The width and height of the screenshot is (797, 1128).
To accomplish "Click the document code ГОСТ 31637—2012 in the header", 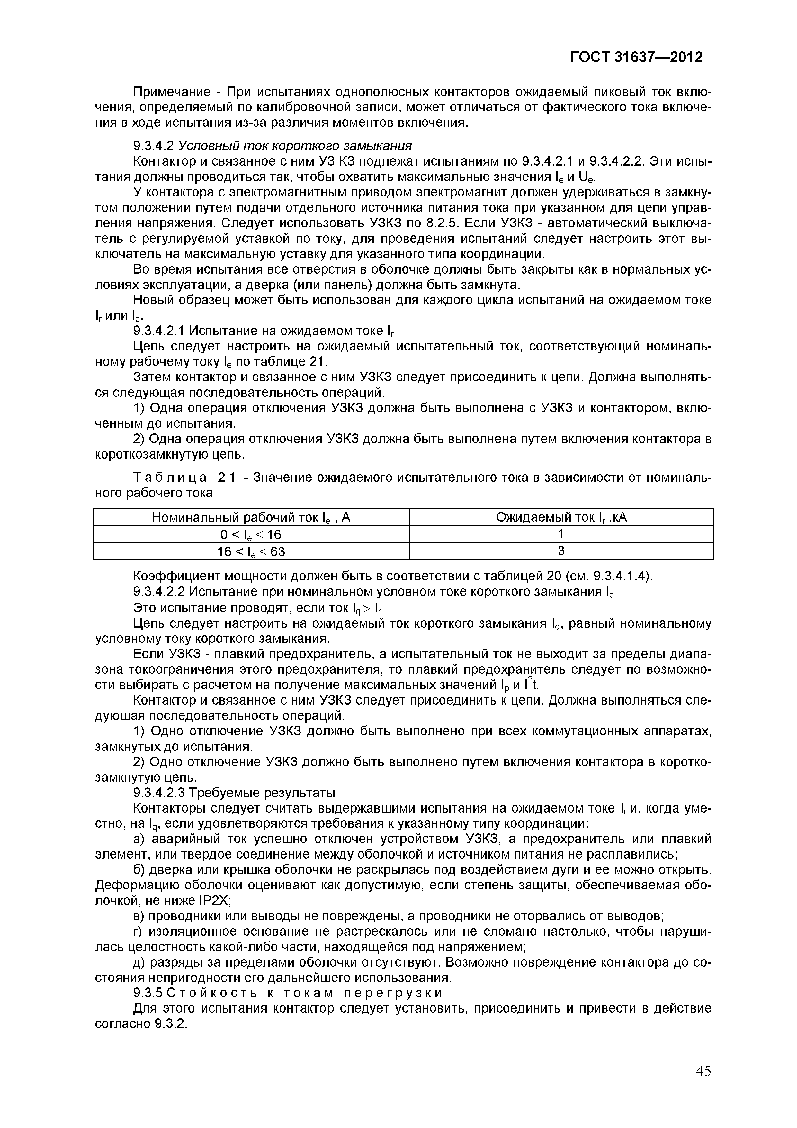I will click(636, 58).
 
